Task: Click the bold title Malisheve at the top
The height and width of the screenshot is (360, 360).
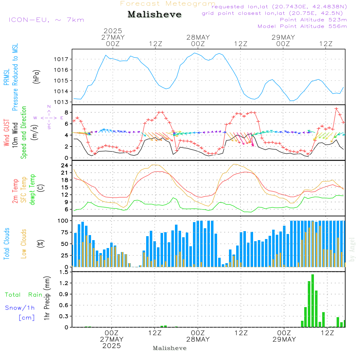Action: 154,15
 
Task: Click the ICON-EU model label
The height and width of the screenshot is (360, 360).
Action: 46,20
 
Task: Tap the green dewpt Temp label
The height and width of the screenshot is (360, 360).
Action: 33,190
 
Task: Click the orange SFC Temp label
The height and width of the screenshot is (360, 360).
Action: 24,190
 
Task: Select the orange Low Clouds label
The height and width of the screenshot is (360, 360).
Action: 24,244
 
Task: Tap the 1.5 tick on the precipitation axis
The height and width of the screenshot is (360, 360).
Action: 64,272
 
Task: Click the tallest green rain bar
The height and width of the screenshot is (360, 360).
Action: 312,301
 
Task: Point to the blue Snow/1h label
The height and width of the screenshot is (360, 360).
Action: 20,308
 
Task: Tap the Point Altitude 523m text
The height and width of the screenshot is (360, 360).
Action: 313,20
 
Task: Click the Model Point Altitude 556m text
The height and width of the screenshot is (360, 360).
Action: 302,26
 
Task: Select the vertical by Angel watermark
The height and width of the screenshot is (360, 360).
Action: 352,249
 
